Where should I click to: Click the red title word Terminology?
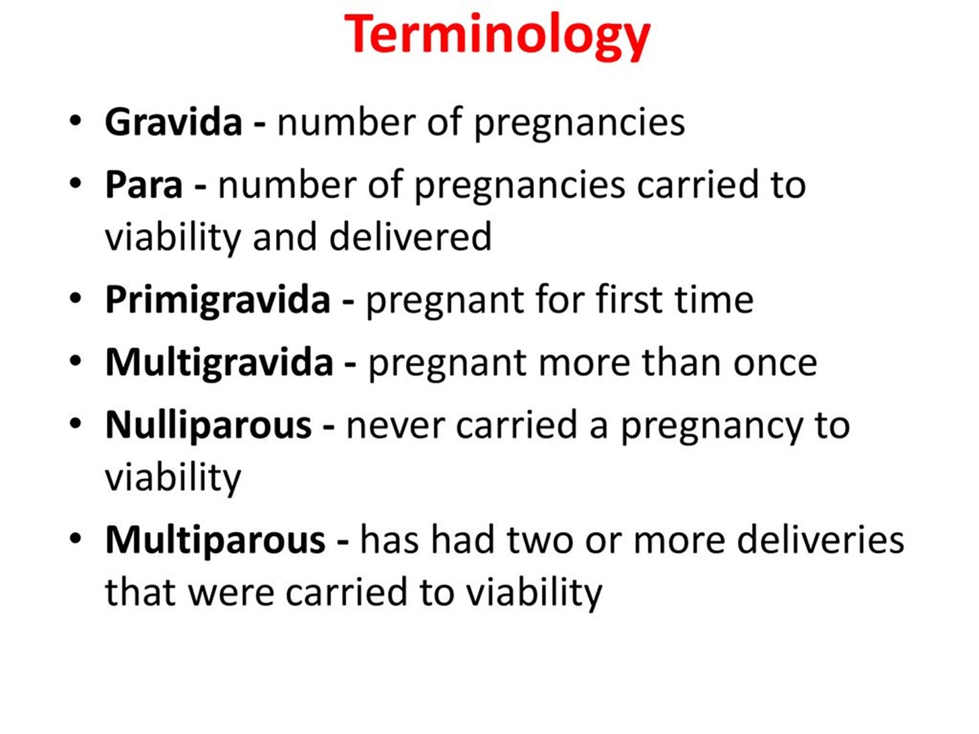[497, 36]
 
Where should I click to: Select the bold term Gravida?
[174, 122]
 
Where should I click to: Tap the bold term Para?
[143, 185]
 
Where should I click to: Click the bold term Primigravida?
[217, 300]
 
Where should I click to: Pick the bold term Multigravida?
[219, 362]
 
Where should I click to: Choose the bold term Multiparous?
[215, 540]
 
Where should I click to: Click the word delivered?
[410, 236]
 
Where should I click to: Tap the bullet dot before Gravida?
[75, 121]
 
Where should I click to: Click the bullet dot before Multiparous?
[75, 539]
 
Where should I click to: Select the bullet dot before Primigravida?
[75, 298]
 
